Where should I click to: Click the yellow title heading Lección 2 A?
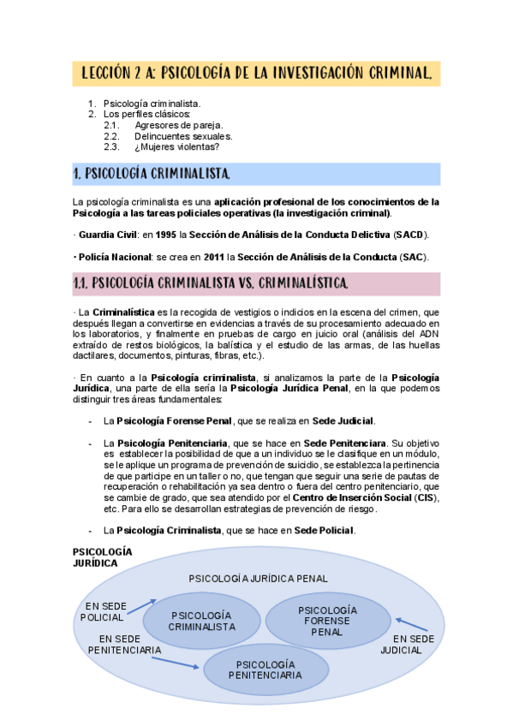point(256,73)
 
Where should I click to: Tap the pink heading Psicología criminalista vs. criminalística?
point(211,283)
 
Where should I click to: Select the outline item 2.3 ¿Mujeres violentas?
point(170,146)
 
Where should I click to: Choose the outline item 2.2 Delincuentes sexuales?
point(182,136)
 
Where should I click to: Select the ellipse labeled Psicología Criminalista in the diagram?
point(202,622)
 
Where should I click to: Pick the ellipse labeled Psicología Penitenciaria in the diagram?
point(265,669)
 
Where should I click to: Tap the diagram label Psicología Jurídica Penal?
point(258,579)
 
